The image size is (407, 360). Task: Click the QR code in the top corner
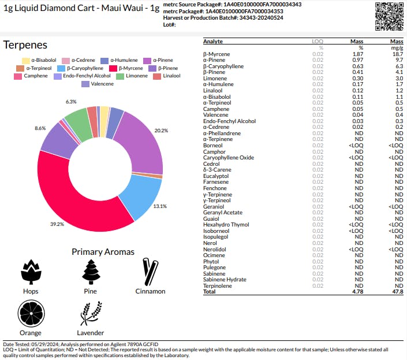pos(389,16)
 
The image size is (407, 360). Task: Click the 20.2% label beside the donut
pos(161,131)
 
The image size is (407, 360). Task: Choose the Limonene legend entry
pos(136,76)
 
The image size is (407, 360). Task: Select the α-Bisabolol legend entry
pos(39,60)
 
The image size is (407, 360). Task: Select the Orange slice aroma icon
pos(30,313)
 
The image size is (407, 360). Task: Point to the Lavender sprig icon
pos(90,313)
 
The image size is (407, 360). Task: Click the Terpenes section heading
pos(25,45)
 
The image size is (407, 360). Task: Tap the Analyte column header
pos(213,42)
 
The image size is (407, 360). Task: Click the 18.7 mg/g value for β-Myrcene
pos(397,54)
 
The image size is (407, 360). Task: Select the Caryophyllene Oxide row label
pos(228,157)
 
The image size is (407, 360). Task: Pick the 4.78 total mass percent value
pos(357,292)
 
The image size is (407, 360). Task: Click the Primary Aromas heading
pos(103,251)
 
